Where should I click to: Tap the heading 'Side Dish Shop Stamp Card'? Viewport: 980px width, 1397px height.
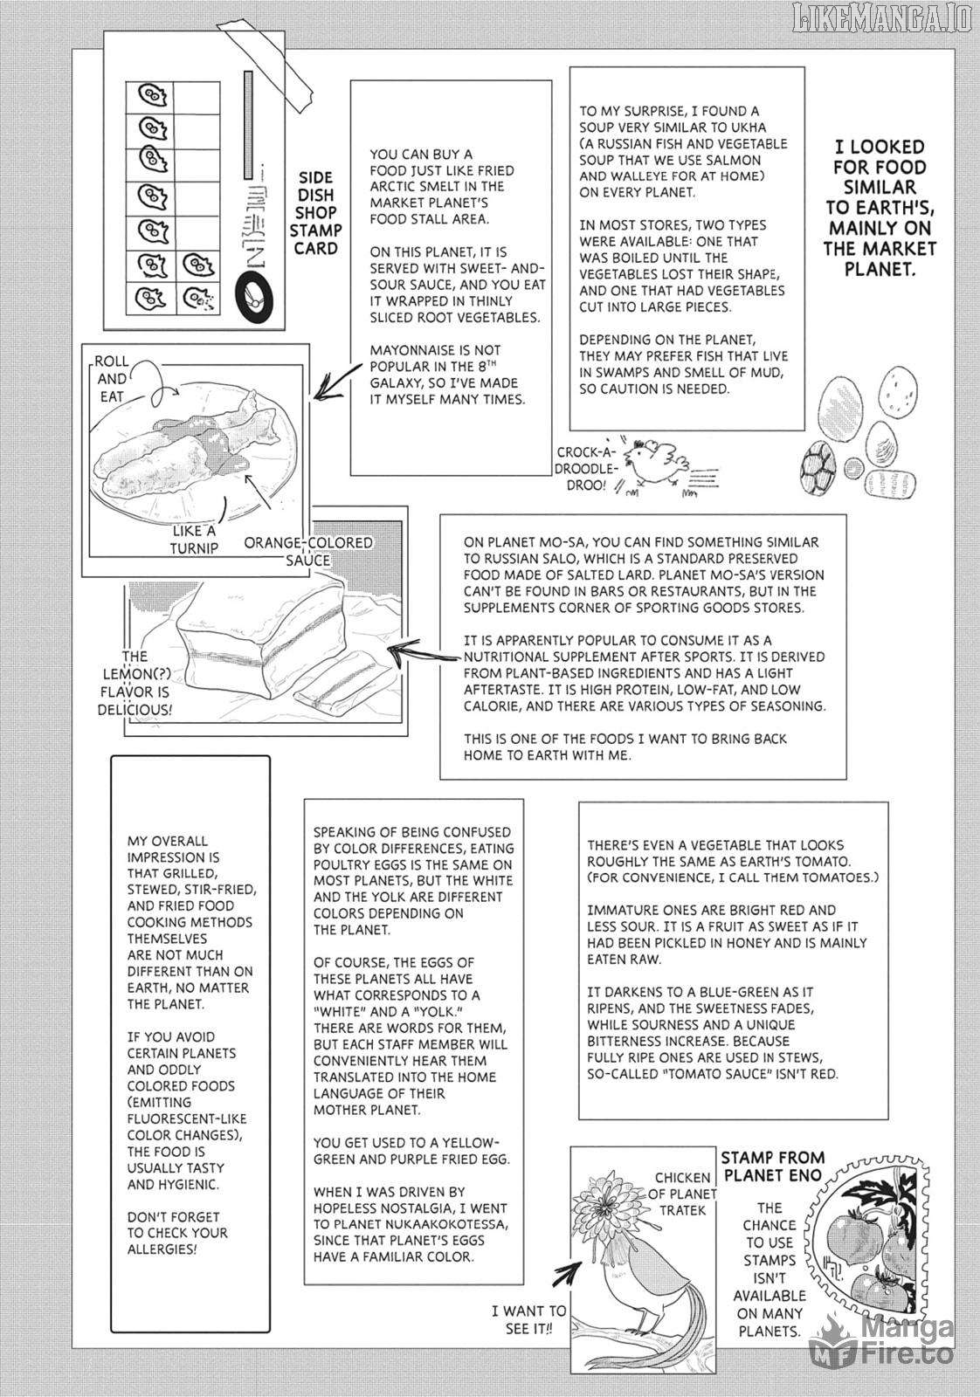point(315,211)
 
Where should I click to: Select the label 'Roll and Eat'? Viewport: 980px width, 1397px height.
point(112,379)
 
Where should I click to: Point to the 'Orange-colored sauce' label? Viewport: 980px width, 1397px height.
point(307,551)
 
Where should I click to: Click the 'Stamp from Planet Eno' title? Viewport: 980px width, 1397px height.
point(771,1166)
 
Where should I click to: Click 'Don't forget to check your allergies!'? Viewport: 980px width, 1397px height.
point(177,1232)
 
